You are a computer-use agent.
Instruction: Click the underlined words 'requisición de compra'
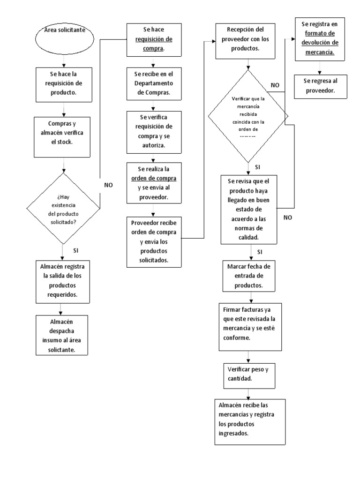(150, 43)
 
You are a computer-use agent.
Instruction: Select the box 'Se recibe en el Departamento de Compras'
(150, 84)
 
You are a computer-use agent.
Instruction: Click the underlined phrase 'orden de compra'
(155, 179)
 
